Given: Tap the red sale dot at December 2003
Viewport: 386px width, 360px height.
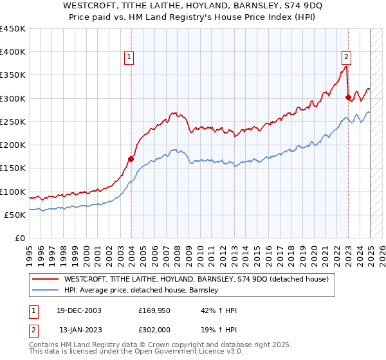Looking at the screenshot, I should coord(131,158).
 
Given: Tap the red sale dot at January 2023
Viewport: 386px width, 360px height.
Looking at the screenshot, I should coord(348,98).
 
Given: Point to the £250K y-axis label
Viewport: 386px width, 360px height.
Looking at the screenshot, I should coord(12,122).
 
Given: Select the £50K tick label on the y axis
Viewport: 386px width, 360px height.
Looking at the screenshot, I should coord(14,215).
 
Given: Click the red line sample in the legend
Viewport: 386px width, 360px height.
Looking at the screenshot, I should coord(45,279).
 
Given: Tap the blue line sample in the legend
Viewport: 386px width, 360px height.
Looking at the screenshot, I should coord(45,290).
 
